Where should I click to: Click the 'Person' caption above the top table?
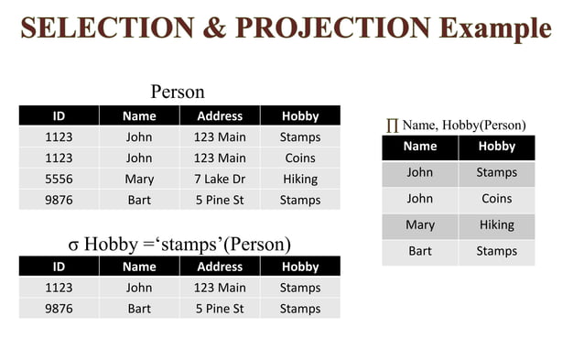178,92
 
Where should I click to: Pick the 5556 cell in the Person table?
59,180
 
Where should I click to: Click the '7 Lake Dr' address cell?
220,180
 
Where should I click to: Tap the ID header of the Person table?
59,116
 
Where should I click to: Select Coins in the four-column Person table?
300,158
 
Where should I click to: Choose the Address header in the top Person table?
220,116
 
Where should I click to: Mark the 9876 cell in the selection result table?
59,309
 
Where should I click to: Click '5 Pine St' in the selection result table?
220,309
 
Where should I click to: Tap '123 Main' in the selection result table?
220,288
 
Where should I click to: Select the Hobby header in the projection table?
497,147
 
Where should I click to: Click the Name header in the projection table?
420,147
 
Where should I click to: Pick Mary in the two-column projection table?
420,224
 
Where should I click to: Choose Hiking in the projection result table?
497,224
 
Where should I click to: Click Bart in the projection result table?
420,251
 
